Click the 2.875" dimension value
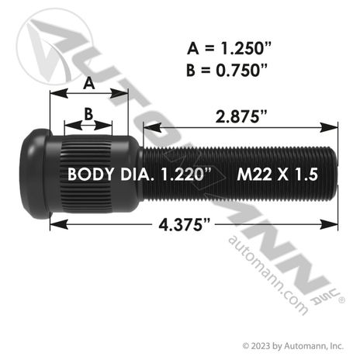click(x=241, y=116)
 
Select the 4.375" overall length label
click(x=184, y=225)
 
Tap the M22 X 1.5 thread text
click(x=277, y=175)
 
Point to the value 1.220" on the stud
click(x=186, y=174)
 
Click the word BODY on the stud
click(x=91, y=175)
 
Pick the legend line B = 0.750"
click(x=227, y=70)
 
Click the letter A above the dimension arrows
click(x=89, y=84)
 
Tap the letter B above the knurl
click(x=88, y=114)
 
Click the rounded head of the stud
click(x=36, y=174)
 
